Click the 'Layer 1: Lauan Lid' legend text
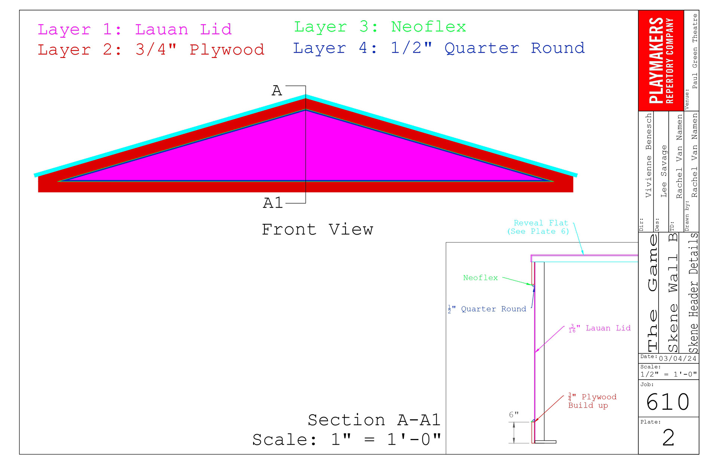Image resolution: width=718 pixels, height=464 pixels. pyautogui.click(x=135, y=30)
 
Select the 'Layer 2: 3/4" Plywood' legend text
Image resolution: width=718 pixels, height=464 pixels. pyautogui.click(x=151, y=50)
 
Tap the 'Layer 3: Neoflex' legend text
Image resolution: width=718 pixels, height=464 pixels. pyautogui.click(x=380, y=27)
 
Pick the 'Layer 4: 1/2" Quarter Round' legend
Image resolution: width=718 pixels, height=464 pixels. pyautogui.click(x=439, y=48)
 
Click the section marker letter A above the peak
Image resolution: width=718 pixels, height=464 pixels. pyautogui.click(x=277, y=91)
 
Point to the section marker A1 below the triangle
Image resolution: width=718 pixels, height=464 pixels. pyautogui.click(x=273, y=203)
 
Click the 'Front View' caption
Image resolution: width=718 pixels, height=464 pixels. pyautogui.click(x=317, y=229)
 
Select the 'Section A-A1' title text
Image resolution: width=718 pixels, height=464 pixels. pyautogui.click(x=374, y=420)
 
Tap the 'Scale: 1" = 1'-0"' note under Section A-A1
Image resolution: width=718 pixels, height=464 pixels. pyautogui.click(x=347, y=440)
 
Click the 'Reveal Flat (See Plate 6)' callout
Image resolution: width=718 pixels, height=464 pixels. pyautogui.click(x=538, y=227)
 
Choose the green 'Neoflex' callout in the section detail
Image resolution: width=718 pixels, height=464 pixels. pyautogui.click(x=480, y=278)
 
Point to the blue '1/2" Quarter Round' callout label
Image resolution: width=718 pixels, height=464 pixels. pyautogui.click(x=487, y=309)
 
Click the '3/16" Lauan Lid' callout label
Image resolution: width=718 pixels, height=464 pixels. pyautogui.click(x=599, y=328)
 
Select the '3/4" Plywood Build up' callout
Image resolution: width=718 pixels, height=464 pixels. pyautogui.click(x=592, y=401)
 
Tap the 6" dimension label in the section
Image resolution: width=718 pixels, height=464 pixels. pyautogui.click(x=513, y=415)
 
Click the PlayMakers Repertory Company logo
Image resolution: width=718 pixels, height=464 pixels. pyautogui.click(x=661, y=60)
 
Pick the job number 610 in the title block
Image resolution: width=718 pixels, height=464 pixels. pyautogui.click(x=668, y=402)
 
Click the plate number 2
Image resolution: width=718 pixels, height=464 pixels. pyautogui.click(x=668, y=437)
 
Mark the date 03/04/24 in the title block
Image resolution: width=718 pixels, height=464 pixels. pyautogui.click(x=678, y=359)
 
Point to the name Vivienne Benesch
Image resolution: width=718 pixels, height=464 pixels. pyautogui.click(x=648, y=155)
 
